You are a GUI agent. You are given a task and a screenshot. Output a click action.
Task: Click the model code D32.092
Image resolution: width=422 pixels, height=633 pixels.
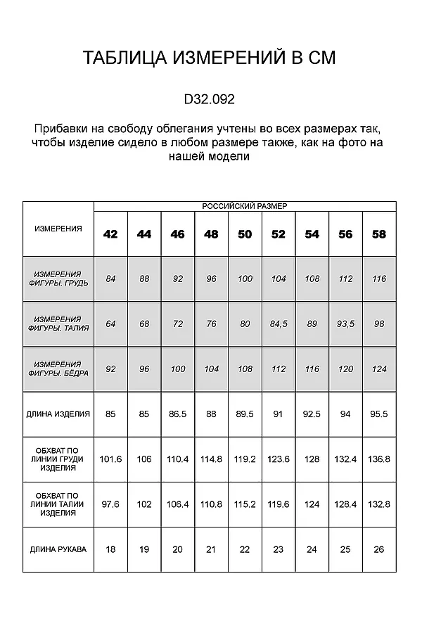pyautogui.click(x=209, y=99)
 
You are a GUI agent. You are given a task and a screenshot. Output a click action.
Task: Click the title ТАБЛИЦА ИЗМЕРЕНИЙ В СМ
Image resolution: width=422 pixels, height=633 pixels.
pyautogui.click(x=210, y=58)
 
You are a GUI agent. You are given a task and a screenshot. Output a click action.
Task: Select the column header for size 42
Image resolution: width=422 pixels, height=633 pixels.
pyautogui.click(x=110, y=234)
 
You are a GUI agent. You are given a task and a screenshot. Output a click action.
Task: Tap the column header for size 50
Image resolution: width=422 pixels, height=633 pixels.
pyautogui.click(x=245, y=234)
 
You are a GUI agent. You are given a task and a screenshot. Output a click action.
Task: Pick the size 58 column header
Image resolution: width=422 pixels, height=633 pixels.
pyautogui.click(x=379, y=234)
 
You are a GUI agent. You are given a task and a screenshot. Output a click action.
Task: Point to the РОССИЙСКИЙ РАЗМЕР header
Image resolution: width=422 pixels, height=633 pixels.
pyautogui.click(x=245, y=206)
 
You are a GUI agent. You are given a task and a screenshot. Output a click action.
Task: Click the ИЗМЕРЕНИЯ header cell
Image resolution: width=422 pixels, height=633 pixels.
pyautogui.click(x=58, y=229)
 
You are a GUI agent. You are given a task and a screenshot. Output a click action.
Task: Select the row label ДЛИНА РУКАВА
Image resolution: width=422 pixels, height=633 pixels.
pyautogui.click(x=58, y=549)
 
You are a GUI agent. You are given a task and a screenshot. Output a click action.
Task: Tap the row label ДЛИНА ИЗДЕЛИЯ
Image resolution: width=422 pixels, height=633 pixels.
pyautogui.click(x=58, y=414)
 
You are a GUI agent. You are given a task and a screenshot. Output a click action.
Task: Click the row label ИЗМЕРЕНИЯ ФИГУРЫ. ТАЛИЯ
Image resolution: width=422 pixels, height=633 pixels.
pyautogui.click(x=58, y=324)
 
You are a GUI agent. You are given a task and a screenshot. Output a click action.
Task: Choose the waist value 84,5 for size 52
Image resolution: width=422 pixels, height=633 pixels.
pyautogui.click(x=279, y=324)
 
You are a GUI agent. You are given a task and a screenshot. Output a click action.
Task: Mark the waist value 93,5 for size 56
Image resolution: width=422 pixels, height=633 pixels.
pyautogui.click(x=345, y=324)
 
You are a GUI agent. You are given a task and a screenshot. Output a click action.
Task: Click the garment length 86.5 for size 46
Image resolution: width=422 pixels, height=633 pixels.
pyautogui.click(x=178, y=414)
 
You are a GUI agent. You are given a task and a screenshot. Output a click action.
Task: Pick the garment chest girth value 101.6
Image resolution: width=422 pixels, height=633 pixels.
pyautogui.click(x=110, y=459)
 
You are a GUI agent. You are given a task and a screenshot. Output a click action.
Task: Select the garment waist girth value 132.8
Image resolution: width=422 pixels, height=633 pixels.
pyautogui.click(x=379, y=504)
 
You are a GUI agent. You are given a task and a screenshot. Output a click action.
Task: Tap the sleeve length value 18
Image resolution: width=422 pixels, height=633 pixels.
pyautogui.click(x=110, y=549)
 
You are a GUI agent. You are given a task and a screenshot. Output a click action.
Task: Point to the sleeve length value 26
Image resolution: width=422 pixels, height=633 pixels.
pyautogui.click(x=379, y=549)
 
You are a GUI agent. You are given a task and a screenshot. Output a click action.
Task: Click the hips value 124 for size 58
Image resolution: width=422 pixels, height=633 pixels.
pyautogui.click(x=379, y=369)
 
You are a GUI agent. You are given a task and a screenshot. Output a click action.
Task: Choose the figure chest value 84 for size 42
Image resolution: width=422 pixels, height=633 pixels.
pyautogui.click(x=110, y=279)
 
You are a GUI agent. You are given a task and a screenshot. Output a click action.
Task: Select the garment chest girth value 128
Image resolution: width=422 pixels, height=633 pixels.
pyautogui.click(x=312, y=459)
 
